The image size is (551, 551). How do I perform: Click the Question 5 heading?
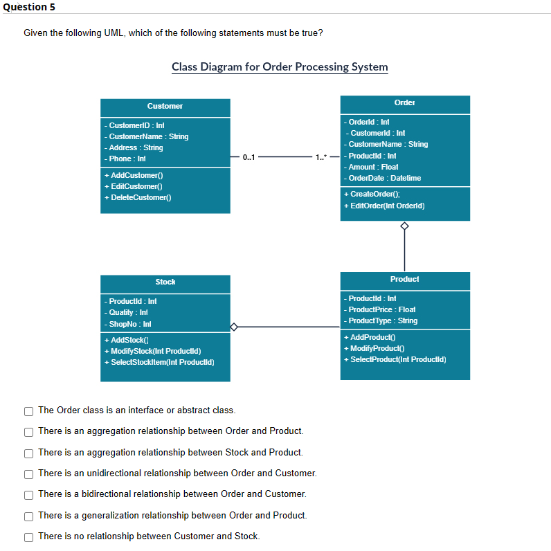28,7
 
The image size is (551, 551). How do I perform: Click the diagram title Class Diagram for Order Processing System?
280,67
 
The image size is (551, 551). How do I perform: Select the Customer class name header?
165,106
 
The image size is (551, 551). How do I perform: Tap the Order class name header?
404,102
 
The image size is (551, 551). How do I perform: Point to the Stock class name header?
165,282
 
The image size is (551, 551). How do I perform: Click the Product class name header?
404,279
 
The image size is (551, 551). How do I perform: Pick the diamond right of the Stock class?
235,326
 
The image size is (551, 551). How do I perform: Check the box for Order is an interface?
28,410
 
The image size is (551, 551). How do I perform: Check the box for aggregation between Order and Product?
28,431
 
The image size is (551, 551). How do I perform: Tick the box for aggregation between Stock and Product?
28,453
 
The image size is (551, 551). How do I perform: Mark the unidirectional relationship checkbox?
28,473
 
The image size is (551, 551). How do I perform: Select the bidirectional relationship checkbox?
28,494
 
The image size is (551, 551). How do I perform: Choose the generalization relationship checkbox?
28,516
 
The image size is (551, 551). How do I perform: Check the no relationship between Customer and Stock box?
28,536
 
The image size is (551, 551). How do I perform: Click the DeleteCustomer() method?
138,198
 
